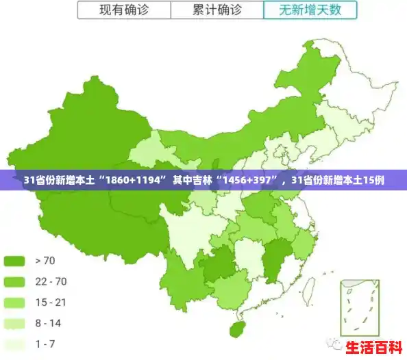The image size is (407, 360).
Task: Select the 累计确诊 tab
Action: [216, 10]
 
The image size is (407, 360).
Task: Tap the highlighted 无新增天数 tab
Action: [310, 10]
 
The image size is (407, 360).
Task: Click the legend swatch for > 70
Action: [14, 260]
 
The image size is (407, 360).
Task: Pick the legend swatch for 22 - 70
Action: [14, 281]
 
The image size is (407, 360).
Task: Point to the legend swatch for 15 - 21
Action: [14, 303]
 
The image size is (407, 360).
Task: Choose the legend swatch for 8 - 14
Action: [14, 323]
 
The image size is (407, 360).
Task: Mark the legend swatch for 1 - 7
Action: [14, 344]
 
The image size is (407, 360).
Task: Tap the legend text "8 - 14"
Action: [47, 323]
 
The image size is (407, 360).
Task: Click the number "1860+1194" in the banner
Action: [134, 181]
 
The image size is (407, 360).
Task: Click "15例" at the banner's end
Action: [373, 181]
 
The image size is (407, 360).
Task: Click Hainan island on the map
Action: [237, 329]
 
